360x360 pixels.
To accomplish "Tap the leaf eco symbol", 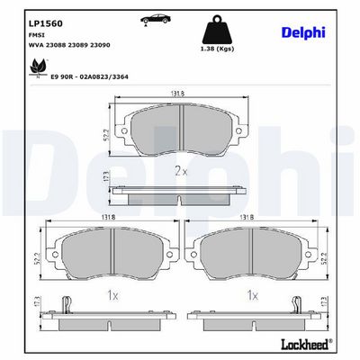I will tap(38, 66).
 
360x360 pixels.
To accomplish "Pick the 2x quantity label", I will tap(180, 168).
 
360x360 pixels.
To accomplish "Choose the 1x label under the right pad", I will tap(254, 294).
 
